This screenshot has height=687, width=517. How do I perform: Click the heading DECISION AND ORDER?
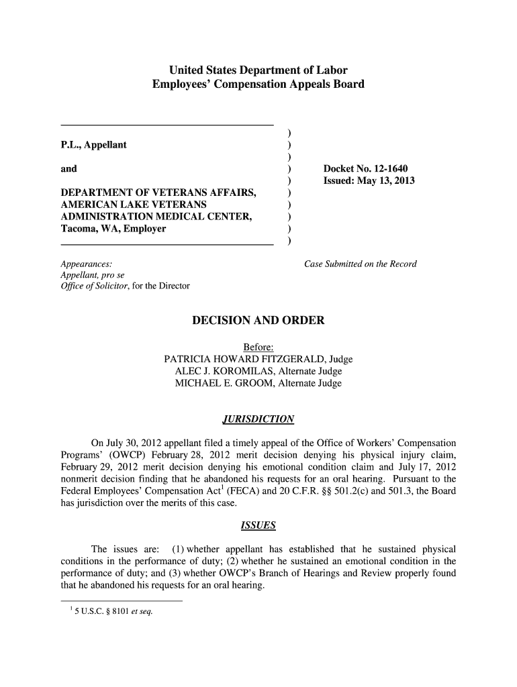point(258,321)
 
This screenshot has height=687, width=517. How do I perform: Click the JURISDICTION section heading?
point(258,419)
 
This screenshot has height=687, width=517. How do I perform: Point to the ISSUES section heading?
point(258,524)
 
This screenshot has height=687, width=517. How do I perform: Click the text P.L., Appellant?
point(93,145)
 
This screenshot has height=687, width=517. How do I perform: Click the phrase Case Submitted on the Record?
point(360,264)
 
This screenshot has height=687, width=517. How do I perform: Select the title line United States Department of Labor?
point(258,70)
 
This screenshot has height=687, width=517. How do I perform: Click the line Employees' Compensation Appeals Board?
point(258,85)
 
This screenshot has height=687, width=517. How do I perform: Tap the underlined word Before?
point(258,347)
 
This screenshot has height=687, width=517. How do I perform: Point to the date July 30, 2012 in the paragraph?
point(134,443)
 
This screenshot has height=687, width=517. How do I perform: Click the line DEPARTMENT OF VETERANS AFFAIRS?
point(158,193)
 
